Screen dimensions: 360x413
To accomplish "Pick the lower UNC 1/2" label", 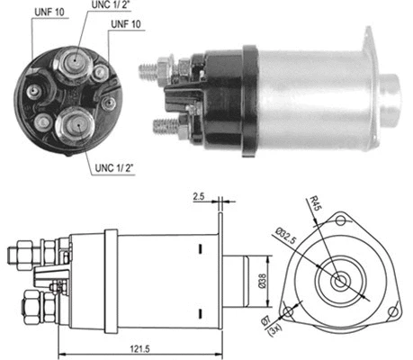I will [112, 169].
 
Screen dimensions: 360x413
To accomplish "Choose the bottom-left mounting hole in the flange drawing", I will [287, 313].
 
